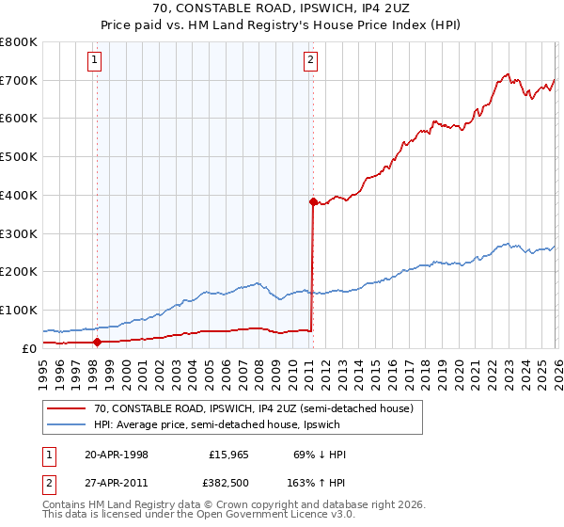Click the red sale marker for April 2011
coord(312,201)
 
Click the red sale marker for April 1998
coord(97,343)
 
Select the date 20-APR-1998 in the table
coord(117,455)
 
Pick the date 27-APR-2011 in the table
coord(117,484)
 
